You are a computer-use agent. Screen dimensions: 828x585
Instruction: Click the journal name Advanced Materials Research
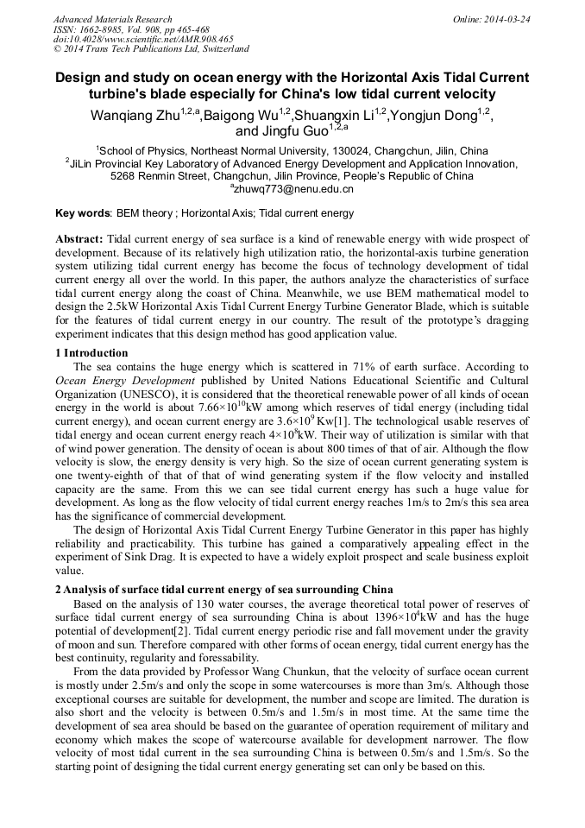coord(112,19)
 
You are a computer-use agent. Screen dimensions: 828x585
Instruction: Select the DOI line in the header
coord(142,39)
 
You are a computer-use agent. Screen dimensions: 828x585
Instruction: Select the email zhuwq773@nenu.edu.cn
coord(293,188)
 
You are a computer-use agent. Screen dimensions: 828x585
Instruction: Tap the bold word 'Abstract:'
coord(79,239)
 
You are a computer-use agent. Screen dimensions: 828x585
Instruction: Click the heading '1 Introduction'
coord(91,353)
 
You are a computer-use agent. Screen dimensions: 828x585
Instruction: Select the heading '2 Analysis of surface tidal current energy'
coord(224,590)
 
